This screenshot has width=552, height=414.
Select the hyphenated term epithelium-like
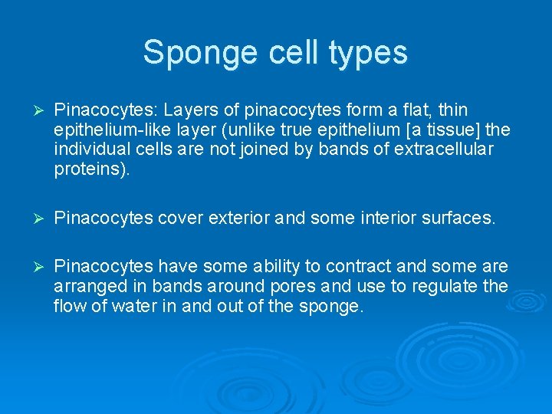pos(110,130)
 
